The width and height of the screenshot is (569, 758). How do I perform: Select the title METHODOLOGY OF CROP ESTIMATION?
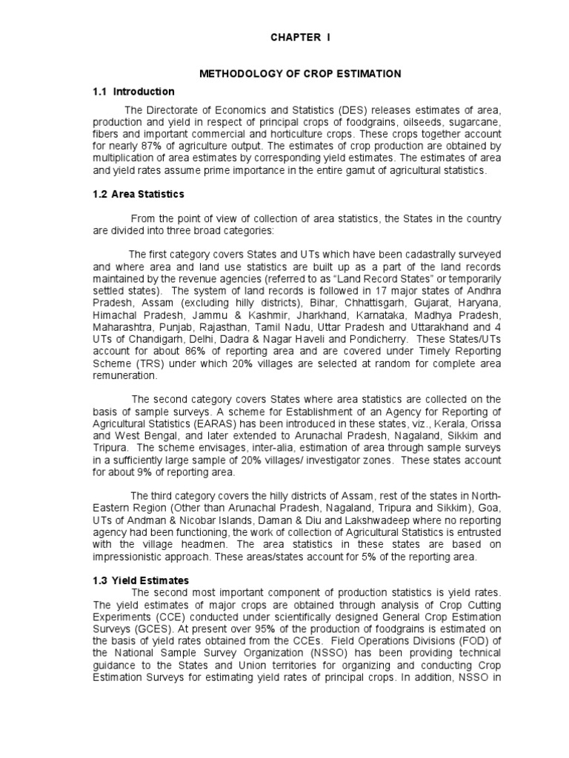click(x=301, y=74)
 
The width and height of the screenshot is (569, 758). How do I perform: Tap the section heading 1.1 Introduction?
click(x=133, y=92)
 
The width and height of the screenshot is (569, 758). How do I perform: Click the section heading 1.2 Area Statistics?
click(x=139, y=194)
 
